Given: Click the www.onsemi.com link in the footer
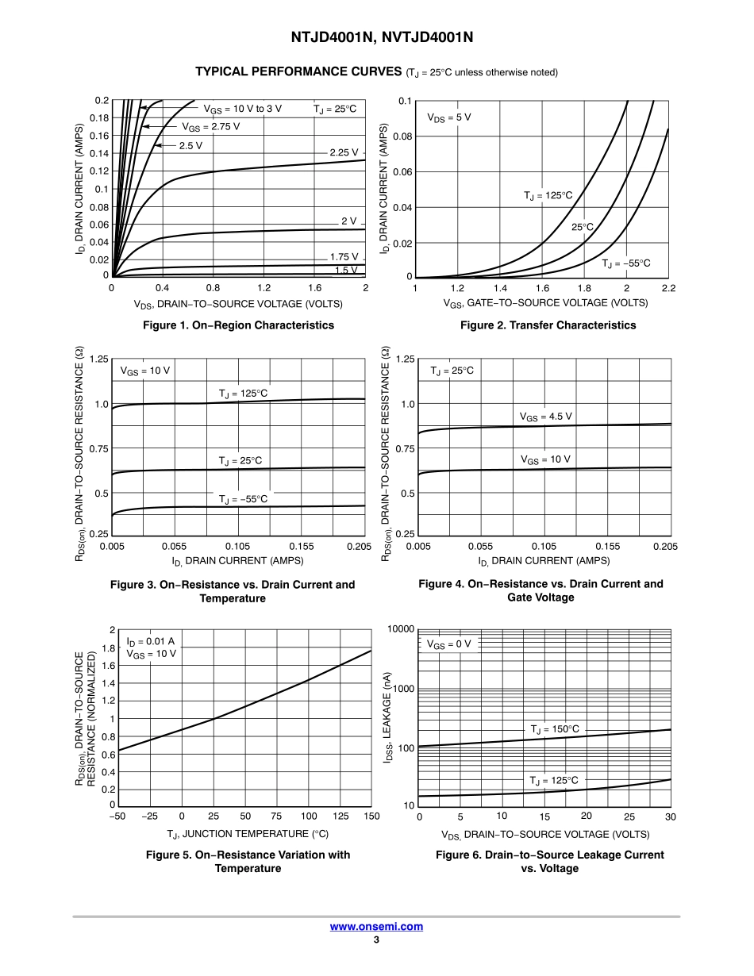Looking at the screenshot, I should pos(376,926).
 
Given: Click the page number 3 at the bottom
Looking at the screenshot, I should pos(376,940).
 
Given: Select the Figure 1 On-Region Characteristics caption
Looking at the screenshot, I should pos(238,325).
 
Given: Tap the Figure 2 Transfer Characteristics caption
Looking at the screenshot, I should pos(548,325).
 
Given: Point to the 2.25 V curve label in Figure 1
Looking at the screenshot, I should pos(344,152).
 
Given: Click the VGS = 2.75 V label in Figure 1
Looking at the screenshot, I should pos(210,126).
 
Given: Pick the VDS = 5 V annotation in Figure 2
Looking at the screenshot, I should pos(449,117).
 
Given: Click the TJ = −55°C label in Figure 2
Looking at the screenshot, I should pos(625,263).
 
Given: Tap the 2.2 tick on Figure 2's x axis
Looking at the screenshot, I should pos(667,288).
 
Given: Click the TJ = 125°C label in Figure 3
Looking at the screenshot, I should pos(244,393).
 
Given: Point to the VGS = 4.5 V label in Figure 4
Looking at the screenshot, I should pos(545,416).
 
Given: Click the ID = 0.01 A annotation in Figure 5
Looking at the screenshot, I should pos(150,640).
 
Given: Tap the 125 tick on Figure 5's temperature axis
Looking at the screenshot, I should pos(340,817).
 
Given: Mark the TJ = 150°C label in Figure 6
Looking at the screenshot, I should pos(555,728).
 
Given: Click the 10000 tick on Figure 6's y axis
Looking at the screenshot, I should pos(401,629).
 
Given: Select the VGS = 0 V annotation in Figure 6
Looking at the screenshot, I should pos(449,644).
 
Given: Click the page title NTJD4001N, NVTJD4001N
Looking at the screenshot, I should pos(376,38).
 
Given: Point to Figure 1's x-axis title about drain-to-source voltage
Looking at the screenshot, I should pos(238,303).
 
